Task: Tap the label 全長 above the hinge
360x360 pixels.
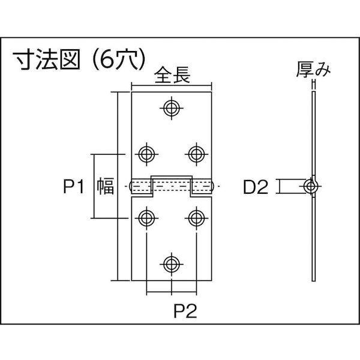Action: (172, 77)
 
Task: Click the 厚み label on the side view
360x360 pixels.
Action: (313, 71)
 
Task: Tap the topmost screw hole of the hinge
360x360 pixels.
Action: (172, 109)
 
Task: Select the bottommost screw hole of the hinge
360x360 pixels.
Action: (172, 263)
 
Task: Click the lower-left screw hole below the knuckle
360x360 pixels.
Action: (146, 217)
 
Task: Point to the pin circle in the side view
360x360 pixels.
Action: (311, 186)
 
